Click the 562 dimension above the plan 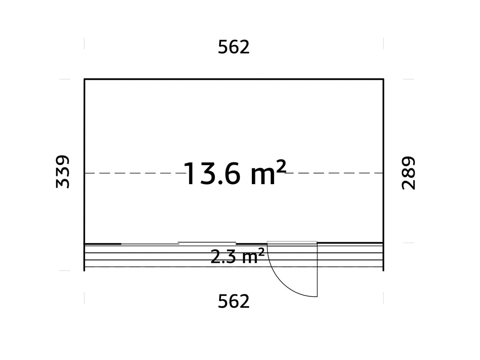point(234,48)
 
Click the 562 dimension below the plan point(234,302)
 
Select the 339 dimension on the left point(63,172)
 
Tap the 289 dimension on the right point(408,173)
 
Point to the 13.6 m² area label point(234,173)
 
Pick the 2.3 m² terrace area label point(237,257)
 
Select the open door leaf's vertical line point(317,273)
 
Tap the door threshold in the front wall point(292,243)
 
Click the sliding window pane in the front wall point(206,242)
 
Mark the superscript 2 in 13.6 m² point(280,167)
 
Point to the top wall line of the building point(234,79)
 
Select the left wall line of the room point(84,158)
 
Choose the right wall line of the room point(383,158)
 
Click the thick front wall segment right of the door point(350,243)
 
